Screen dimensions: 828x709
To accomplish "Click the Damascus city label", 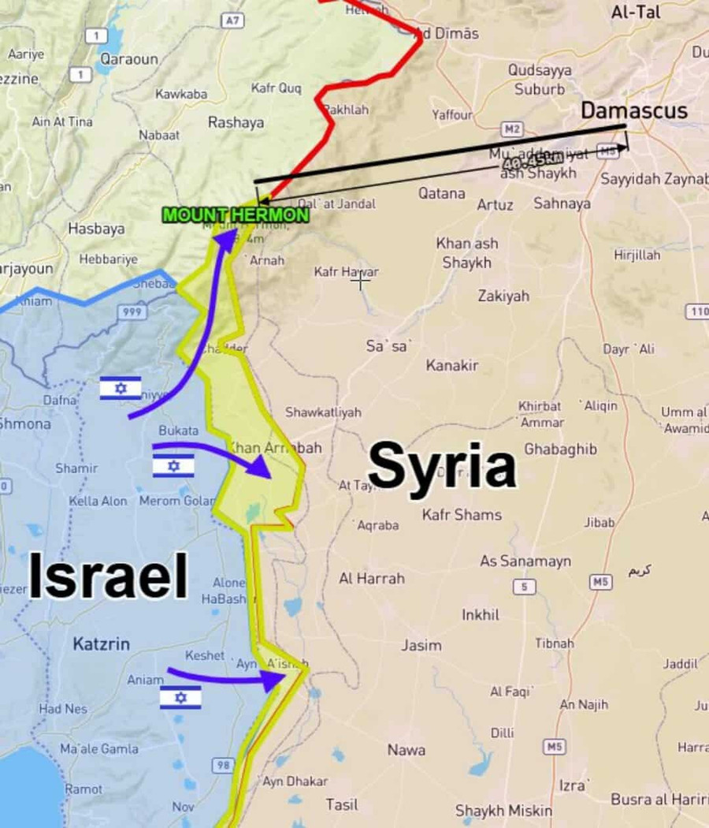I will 633,110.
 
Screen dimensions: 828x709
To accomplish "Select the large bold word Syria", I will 442,466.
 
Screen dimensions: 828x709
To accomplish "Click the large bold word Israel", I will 108,576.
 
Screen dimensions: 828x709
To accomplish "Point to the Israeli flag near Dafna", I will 121,388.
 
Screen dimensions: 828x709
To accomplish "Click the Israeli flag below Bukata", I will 173,465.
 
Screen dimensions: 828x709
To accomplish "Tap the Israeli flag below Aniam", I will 180,697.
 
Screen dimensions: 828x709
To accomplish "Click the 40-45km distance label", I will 533,161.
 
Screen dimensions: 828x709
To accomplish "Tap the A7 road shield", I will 231,21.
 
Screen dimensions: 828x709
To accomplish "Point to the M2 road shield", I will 512,129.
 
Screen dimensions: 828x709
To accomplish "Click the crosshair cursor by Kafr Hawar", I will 361,279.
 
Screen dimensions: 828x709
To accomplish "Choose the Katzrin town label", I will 101,644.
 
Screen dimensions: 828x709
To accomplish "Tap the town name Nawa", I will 406,750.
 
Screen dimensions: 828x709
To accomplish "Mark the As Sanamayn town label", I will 525,561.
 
